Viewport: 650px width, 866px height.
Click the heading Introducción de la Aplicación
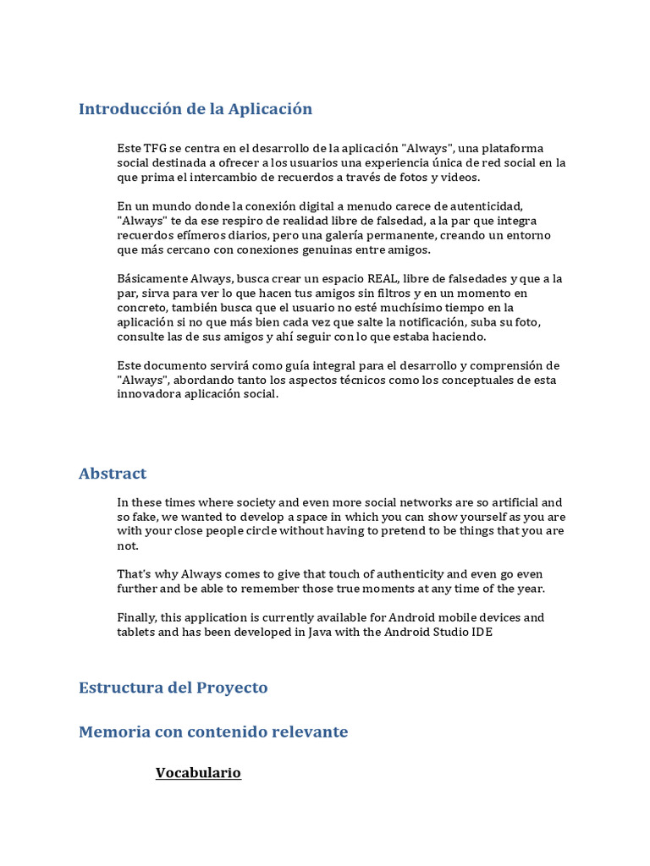(196, 109)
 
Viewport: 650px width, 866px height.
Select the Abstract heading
(113, 474)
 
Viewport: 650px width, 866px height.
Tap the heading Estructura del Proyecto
(173, 688)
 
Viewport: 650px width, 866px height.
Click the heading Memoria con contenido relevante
(213, 732)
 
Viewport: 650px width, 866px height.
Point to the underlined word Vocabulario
(198, 773)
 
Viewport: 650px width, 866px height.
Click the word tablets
(136, 632)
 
